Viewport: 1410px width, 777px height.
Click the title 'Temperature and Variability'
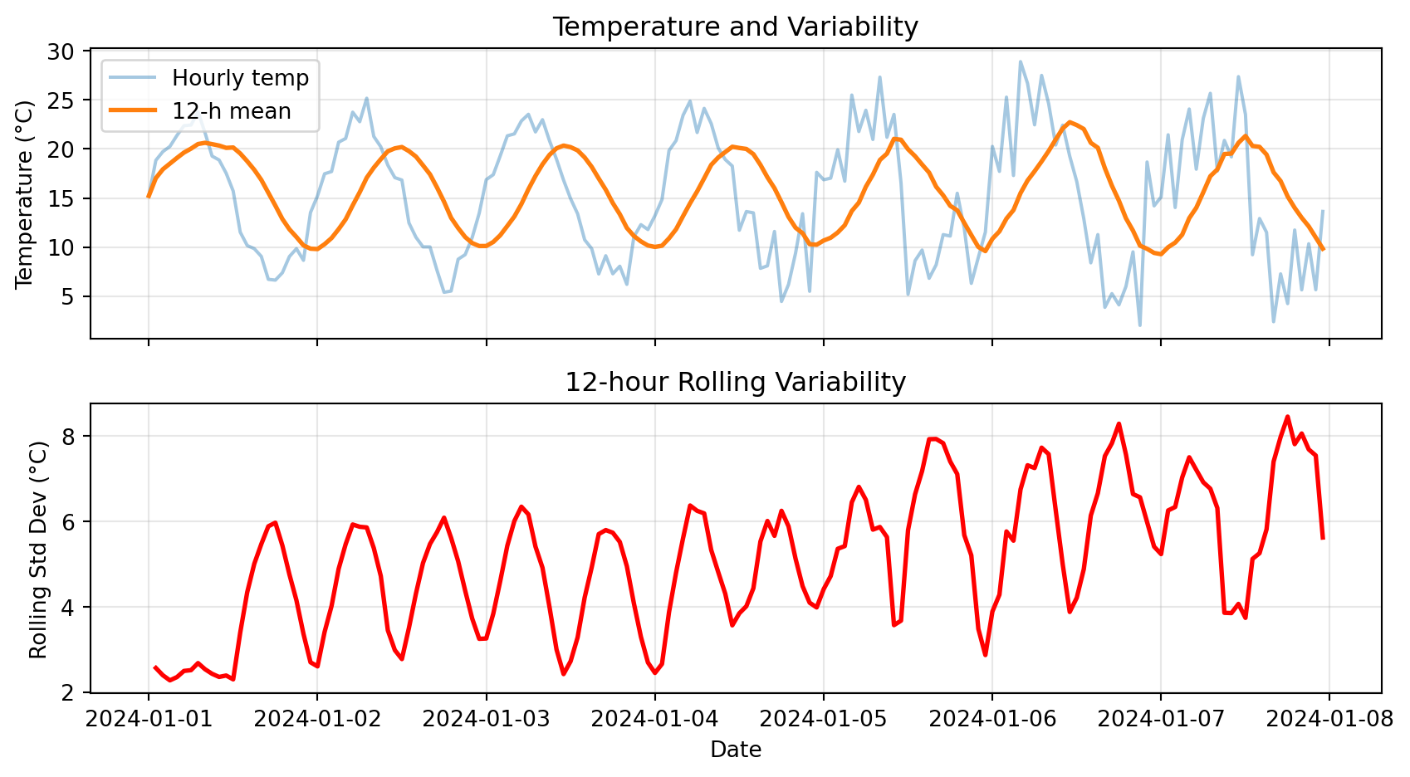point(735,27)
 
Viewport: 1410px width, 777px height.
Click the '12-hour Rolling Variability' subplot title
point(735,383)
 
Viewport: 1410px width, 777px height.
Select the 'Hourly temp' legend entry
point(240,78)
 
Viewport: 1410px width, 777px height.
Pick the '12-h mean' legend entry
point(232,111)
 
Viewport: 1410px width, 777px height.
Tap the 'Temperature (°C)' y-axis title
point(24,194)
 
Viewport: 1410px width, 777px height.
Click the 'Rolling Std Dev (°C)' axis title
point(38,548)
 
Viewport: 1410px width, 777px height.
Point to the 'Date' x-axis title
point(736,750)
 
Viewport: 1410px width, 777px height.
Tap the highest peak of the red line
point(1287,417)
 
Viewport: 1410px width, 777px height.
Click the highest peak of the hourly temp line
point(1021,61)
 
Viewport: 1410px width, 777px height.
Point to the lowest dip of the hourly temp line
point(1140,325)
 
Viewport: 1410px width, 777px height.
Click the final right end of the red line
point(1323,538)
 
